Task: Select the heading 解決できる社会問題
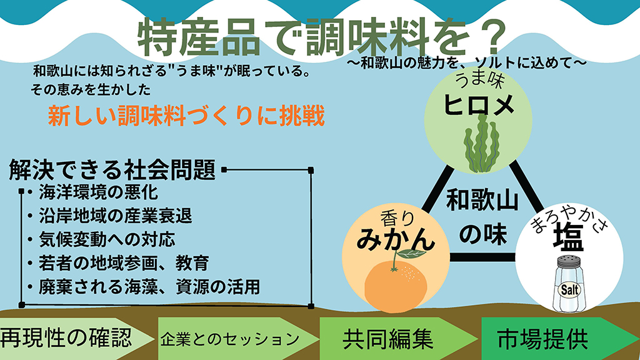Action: click(x=112, y=169)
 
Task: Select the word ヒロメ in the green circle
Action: click(x=479, y=104)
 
